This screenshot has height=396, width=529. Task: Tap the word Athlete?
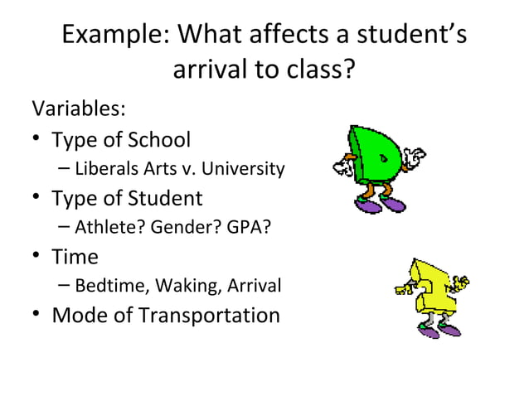[x=105, y=228]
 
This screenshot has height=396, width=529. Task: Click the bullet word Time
[x=75, y=257]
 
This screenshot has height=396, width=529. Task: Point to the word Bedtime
[x=108, y=287]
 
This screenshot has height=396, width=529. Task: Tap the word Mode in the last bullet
[x=80, y=316]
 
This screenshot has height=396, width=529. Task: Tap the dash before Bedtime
[x=65, y=287]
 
